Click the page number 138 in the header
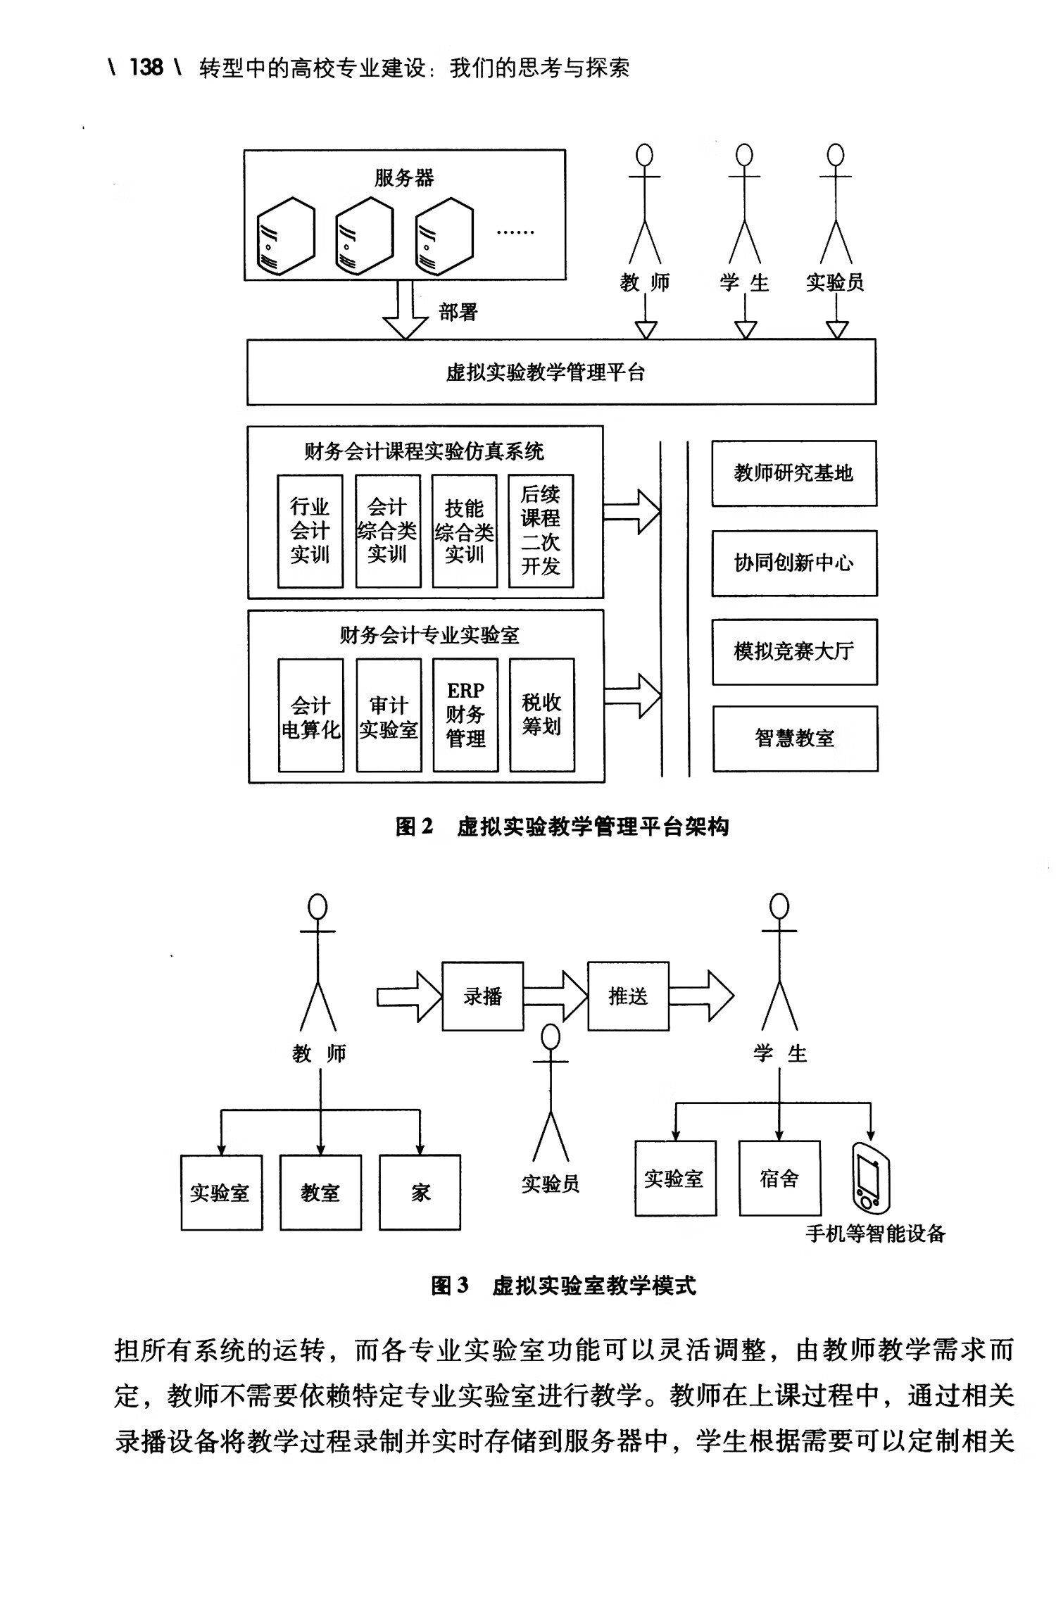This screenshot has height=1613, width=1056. click(146, 68)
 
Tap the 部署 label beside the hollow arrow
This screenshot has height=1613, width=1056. click(458, 312)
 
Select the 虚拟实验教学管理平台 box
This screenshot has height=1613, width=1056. click(561, 372)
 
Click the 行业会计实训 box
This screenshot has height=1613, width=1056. click(310, 531)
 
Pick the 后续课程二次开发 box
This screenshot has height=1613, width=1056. click(541, 531)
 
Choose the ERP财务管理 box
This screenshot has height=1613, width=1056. click(465, 715)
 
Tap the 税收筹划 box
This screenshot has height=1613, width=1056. click(541, 715)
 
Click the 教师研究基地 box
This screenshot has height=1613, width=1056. click(793, 473)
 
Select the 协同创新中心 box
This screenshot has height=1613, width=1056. click(793, 563)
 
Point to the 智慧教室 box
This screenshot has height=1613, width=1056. click(795, 739)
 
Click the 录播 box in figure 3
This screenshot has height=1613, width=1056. click(482, 996)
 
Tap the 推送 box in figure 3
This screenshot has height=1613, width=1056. click(628, 996)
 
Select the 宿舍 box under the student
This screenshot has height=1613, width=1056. click(779, 1179)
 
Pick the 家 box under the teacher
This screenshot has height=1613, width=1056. click(420, 1193)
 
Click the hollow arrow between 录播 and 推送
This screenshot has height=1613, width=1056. click(556, 996)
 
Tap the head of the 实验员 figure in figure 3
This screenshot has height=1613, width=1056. click(550, 1037)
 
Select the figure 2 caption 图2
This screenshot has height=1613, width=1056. click(414, 827)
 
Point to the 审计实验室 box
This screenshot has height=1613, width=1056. click(389, 715)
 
